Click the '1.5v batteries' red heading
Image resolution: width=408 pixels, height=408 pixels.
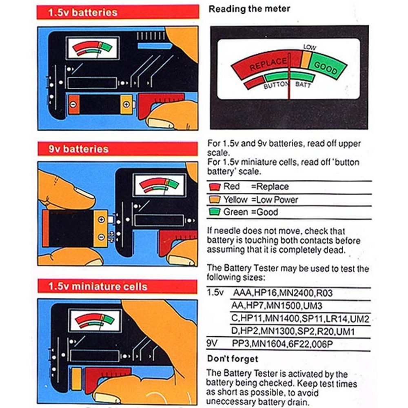(x=83, y=12)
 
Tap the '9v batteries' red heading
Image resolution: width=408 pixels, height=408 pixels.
(x=79, y=149)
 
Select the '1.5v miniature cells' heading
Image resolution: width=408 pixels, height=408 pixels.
(x=98, y=286)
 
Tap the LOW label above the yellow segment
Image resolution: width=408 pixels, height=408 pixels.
(x=310, y=47)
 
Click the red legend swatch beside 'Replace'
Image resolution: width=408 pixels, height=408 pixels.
(x=215, y=187)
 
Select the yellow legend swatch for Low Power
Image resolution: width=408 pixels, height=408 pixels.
(x=215, y=200)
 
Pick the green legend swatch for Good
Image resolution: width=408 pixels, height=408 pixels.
(x=215, y=212)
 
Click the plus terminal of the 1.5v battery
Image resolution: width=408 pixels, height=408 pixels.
(x=126, y=104)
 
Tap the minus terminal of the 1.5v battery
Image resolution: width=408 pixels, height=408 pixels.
(x=74, y=104)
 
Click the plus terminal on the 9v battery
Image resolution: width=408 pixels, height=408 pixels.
(x=101, y=220)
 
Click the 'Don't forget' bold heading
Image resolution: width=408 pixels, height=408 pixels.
(x=233, y=359)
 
